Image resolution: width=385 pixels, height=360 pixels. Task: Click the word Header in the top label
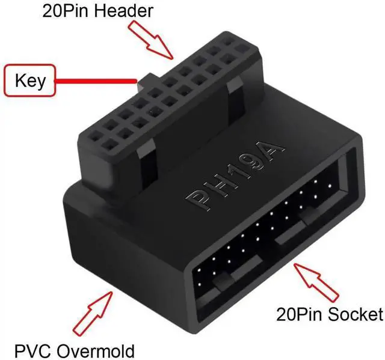[124, 11]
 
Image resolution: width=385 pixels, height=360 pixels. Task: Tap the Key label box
[29, 80]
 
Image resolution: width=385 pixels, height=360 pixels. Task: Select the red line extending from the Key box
[96, 81]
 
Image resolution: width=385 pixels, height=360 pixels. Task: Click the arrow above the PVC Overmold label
[93, 314]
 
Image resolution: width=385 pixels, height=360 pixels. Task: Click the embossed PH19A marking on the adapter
[235, 175]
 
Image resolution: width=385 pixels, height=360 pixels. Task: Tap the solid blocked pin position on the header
[242, 49]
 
